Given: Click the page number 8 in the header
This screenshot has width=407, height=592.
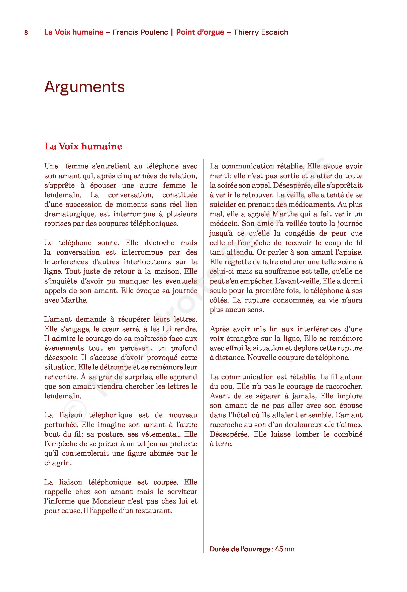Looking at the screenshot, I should point(26,32).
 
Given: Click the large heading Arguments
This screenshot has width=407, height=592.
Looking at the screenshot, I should point(84,87).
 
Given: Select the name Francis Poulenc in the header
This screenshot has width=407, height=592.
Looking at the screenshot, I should point(140,32).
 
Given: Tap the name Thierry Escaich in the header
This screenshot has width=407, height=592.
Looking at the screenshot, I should point(261,32).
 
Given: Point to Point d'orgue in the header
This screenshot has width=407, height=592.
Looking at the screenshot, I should point(200,32).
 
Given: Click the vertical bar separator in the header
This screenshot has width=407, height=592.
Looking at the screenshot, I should point(172,32).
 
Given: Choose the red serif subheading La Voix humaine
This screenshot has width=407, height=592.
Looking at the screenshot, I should point(83,146).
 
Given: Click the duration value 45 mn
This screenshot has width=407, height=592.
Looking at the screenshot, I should point(285,549).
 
